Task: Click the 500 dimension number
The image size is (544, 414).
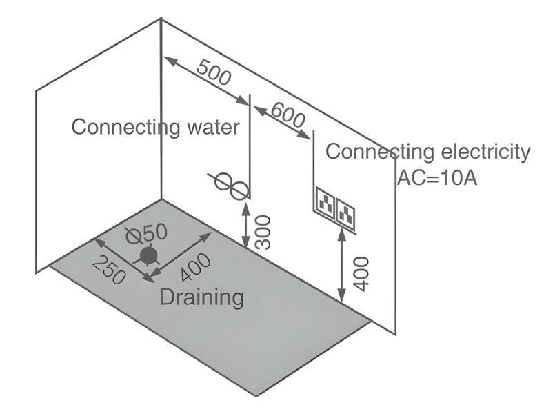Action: (x=214, y=72)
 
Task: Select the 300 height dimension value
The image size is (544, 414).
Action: (x=263, y=231)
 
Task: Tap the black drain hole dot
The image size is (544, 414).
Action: (x=148, y=257)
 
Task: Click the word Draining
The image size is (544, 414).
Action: (x=201, y=297)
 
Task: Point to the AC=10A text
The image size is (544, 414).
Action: (x=437, y=177)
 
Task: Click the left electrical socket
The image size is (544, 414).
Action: (x=325, y=202)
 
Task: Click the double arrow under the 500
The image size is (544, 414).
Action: (x=207, y=81)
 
